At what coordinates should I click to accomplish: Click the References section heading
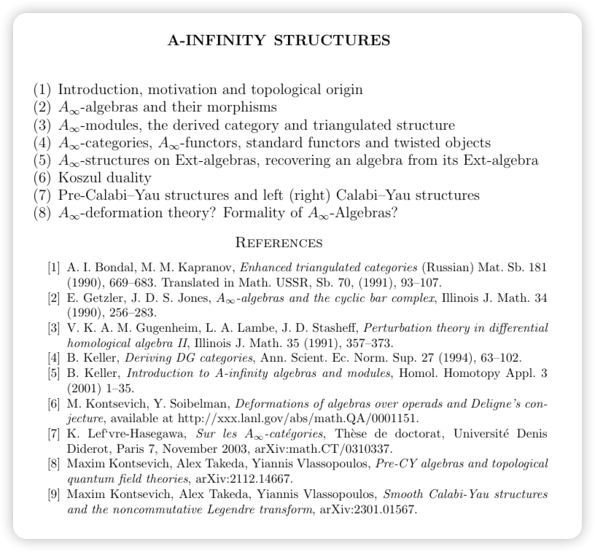pos(280,242)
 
